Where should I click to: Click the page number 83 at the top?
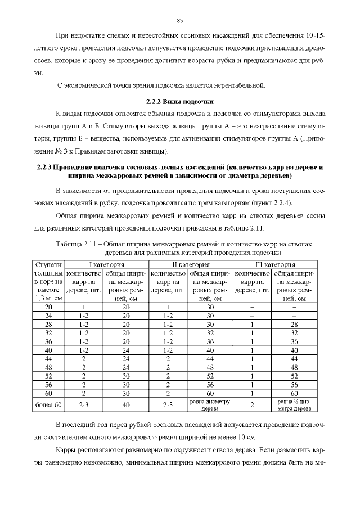click(180, 21)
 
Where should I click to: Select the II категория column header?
click(191, 264)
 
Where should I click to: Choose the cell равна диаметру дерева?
click(210, 405)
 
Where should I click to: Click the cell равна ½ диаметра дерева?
click(294, 405)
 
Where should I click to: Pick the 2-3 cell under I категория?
click(83, 405)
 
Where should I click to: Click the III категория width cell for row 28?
click(294, 325)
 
